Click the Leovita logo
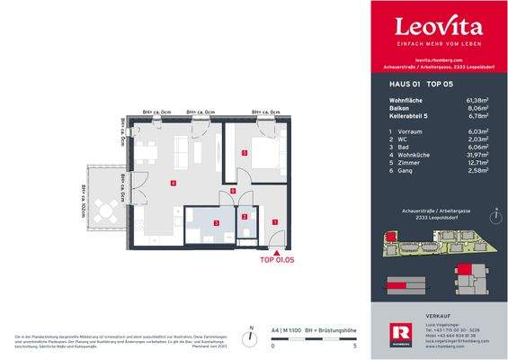click(x=439, y=27)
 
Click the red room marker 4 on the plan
click(x=173, y=184)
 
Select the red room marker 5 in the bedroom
click(x=244, y=154)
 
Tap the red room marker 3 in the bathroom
click(x=215, y=222)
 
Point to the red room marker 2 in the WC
click(x=245, y=217)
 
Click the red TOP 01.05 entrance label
click(x=276, y=260)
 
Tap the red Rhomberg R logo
click(x=388, y=335)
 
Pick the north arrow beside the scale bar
click(x=254, y=329)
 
